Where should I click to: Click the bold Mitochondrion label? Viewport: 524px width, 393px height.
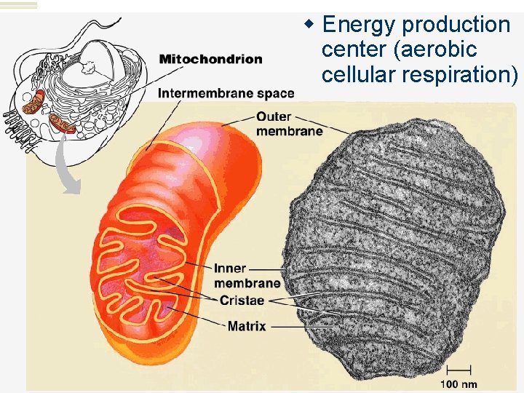[210, 59]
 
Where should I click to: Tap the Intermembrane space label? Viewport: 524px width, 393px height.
[226, 93]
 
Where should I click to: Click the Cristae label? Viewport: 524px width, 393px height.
[241, 301]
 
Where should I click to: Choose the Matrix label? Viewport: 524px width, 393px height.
[247, 326]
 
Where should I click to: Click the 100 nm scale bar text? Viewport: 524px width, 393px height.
[458, 383]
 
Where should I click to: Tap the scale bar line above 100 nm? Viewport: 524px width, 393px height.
[458, 370]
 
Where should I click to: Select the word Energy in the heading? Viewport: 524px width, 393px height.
[360, 25]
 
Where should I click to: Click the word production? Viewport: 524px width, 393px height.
[456, 25]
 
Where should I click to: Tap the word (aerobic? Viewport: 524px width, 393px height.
[437, 49]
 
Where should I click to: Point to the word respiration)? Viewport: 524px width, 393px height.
[459, 74]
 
